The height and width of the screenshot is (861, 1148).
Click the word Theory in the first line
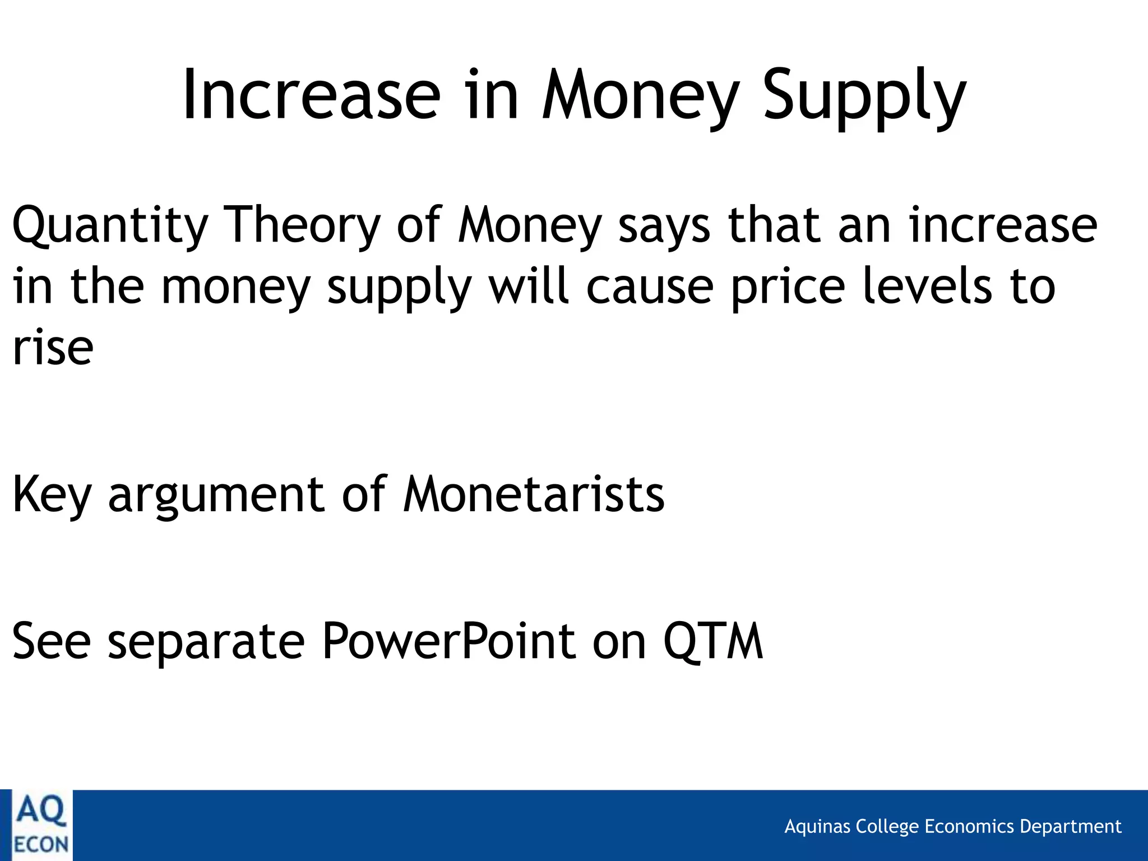[x=302, y=225]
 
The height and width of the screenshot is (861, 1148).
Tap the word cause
[x=650, y=287]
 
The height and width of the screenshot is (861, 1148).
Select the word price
[x=788, y=287]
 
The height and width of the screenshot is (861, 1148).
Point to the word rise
[x=53, y=348]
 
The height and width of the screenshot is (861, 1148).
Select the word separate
[x=206, y=642]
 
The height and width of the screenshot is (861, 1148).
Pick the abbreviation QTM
[x=712, y=642]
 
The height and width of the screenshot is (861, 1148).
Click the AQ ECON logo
[x=40, y=825]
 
